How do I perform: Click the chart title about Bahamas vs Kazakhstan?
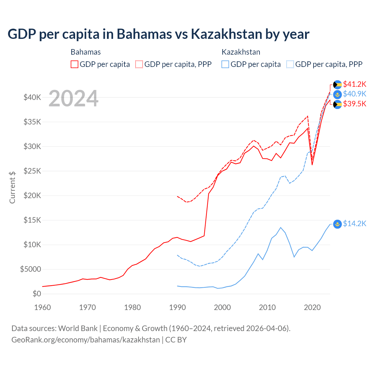(158, 34)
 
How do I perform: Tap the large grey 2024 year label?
(73, 99)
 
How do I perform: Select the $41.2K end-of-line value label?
(354, 84)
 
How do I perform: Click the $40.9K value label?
(354, 94)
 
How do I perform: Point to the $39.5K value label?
(354, 104)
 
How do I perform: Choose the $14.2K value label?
(354, 224)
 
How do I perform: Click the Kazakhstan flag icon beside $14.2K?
(337, 224)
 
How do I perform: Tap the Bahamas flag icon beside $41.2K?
(337, 85)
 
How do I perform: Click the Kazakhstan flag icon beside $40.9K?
(337, 94)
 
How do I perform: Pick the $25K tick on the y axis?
(32, 171)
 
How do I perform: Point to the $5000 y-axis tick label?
(30, 269)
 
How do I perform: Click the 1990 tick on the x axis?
(177, 307)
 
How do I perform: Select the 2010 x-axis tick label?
(267, 307)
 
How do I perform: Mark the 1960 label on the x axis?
(42, 307)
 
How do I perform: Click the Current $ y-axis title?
(12, 187)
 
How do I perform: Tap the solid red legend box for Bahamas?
(75, 64)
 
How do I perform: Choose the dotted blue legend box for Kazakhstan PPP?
(290, 64)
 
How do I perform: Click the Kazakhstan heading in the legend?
(241, 52)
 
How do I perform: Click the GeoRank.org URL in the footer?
(86, 340)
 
